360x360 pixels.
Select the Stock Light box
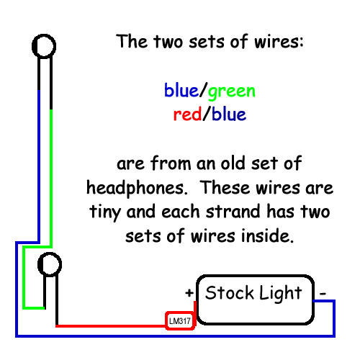tap(256, 300)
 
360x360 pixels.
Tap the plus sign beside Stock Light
tap(189, 293)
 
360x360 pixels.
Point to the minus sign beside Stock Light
tap(323, 293)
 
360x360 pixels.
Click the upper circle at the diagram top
tap(44, 35)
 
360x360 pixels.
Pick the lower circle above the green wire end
tap(50, 253)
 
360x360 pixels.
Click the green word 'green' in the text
tap(232, 91)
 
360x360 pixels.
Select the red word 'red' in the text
tap(187, 114)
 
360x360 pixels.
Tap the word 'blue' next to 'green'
tap(181, 90)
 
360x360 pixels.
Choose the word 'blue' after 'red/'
tap(229, 113)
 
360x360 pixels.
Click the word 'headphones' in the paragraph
tap(137, 189)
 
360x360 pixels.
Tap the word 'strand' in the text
tap(233, 211)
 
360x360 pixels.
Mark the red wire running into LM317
tap(111, 326)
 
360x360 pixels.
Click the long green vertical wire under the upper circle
tap(51, 178)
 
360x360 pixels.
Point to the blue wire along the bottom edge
tap(175, 336)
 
